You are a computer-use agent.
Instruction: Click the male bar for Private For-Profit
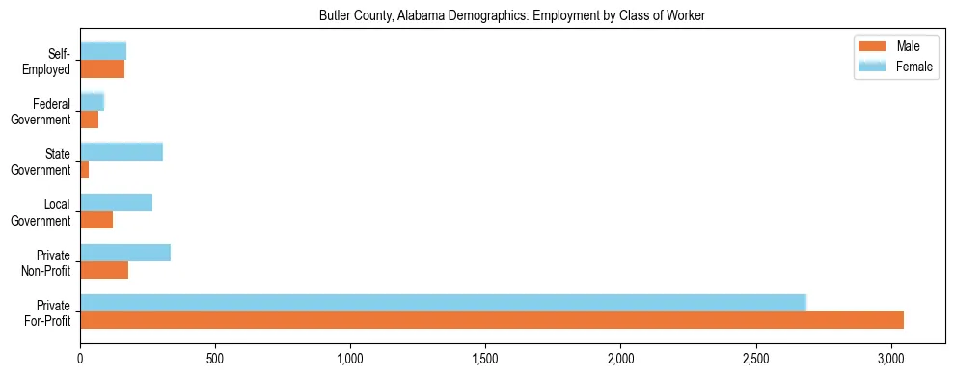click(492, 320)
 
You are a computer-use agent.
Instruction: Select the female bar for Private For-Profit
click(443, 303)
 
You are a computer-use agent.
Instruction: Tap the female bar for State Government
click(122, 151)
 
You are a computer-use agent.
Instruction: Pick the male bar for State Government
click(85, 170)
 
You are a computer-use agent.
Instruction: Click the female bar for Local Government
click(116, 202)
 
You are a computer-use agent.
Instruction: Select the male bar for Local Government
click(96, 220)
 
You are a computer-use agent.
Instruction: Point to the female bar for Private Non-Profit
click(125, 253)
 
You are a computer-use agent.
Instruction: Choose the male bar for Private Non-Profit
click(104, 270)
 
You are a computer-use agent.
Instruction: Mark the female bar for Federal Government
click(92, 101)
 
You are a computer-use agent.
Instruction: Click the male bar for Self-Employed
click(102, 69)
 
